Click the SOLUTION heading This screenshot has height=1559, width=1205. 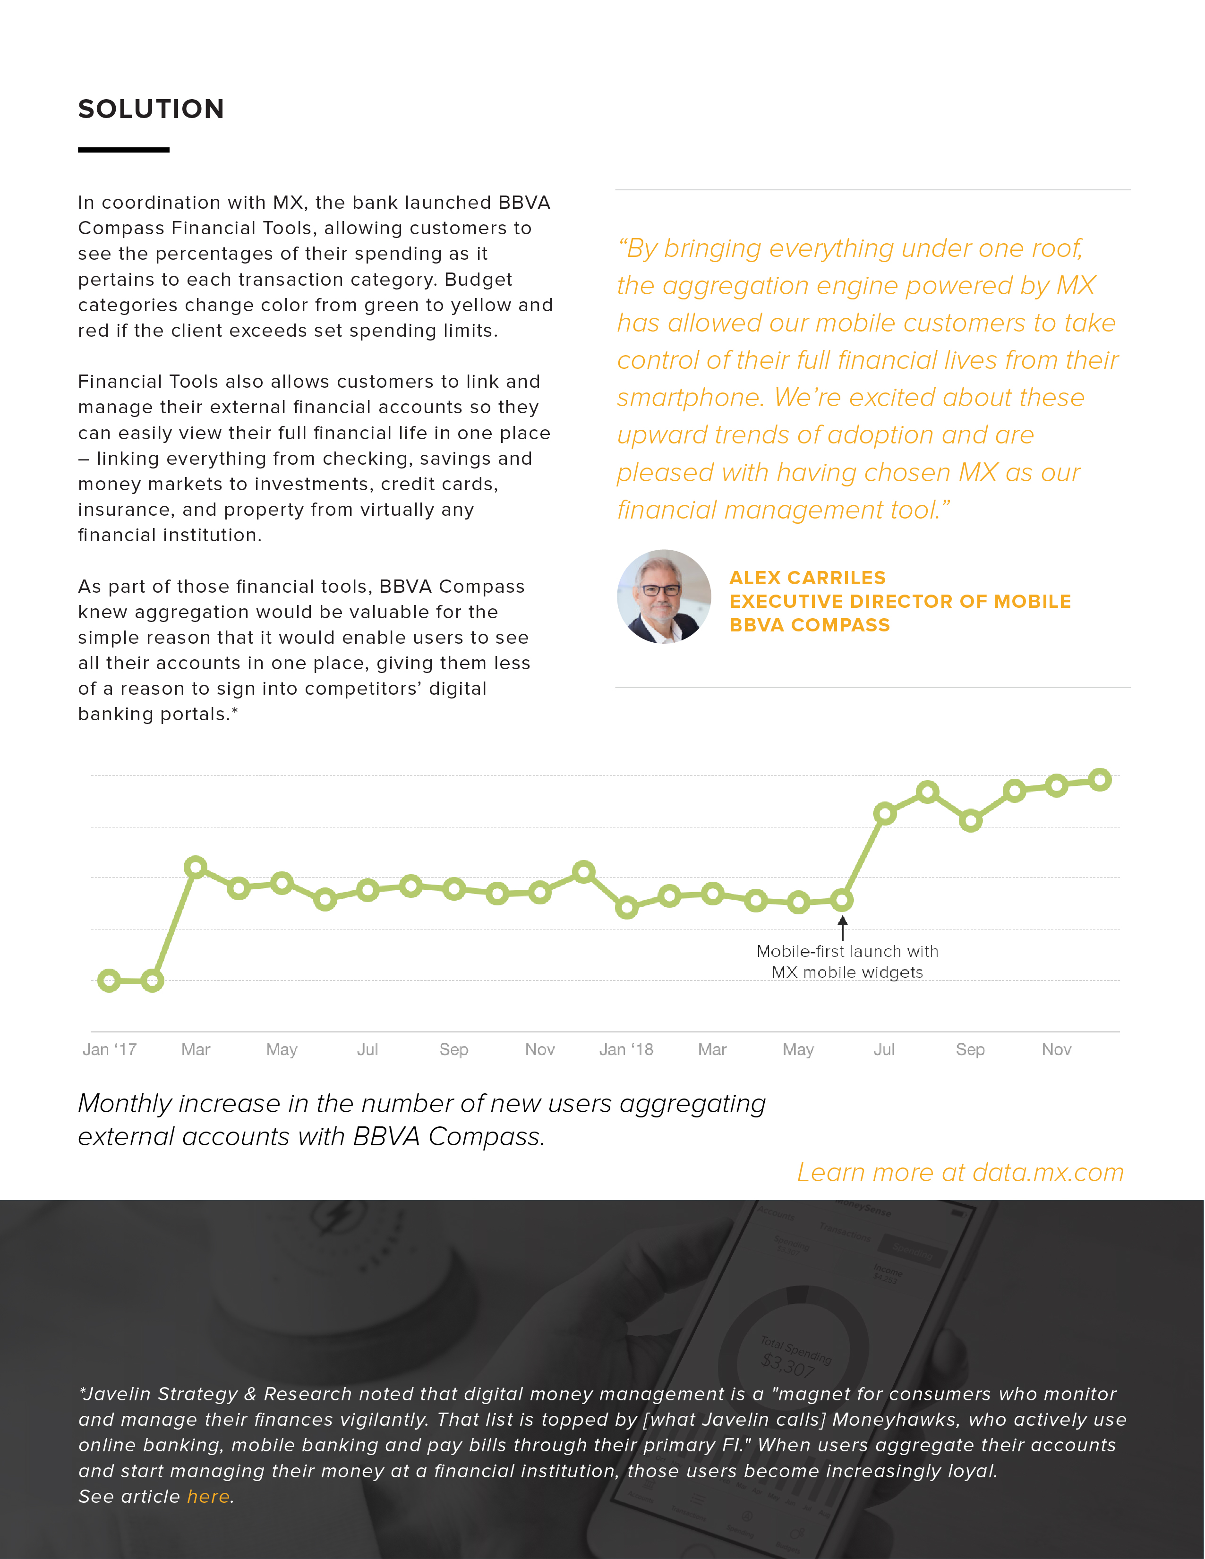[x=151, y=109]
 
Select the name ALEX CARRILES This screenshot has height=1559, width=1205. [x=807, y=578]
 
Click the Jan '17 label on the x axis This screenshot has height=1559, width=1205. [x=109, y=1049]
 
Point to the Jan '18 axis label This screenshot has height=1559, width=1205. [x=626, y=1049]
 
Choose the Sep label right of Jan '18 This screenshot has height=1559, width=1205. [x=970, y=1049]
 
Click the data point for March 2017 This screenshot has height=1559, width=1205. [x=196, y=867]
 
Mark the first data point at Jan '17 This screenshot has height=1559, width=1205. [x=109, y=981]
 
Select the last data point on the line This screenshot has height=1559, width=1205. [x=1100, y=779]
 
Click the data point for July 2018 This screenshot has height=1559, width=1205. [x=884, y=813]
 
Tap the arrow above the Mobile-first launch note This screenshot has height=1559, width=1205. [x=842, y=928]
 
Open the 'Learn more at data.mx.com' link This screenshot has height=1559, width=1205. [x=960, y=1172]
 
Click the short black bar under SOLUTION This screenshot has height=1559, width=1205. [x=123, y=150]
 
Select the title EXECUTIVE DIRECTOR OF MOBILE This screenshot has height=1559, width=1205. [x=899, y=601]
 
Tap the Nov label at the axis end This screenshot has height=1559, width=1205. [x=1057, y=1049]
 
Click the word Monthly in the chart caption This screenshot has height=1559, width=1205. [x=125, y=1104]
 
